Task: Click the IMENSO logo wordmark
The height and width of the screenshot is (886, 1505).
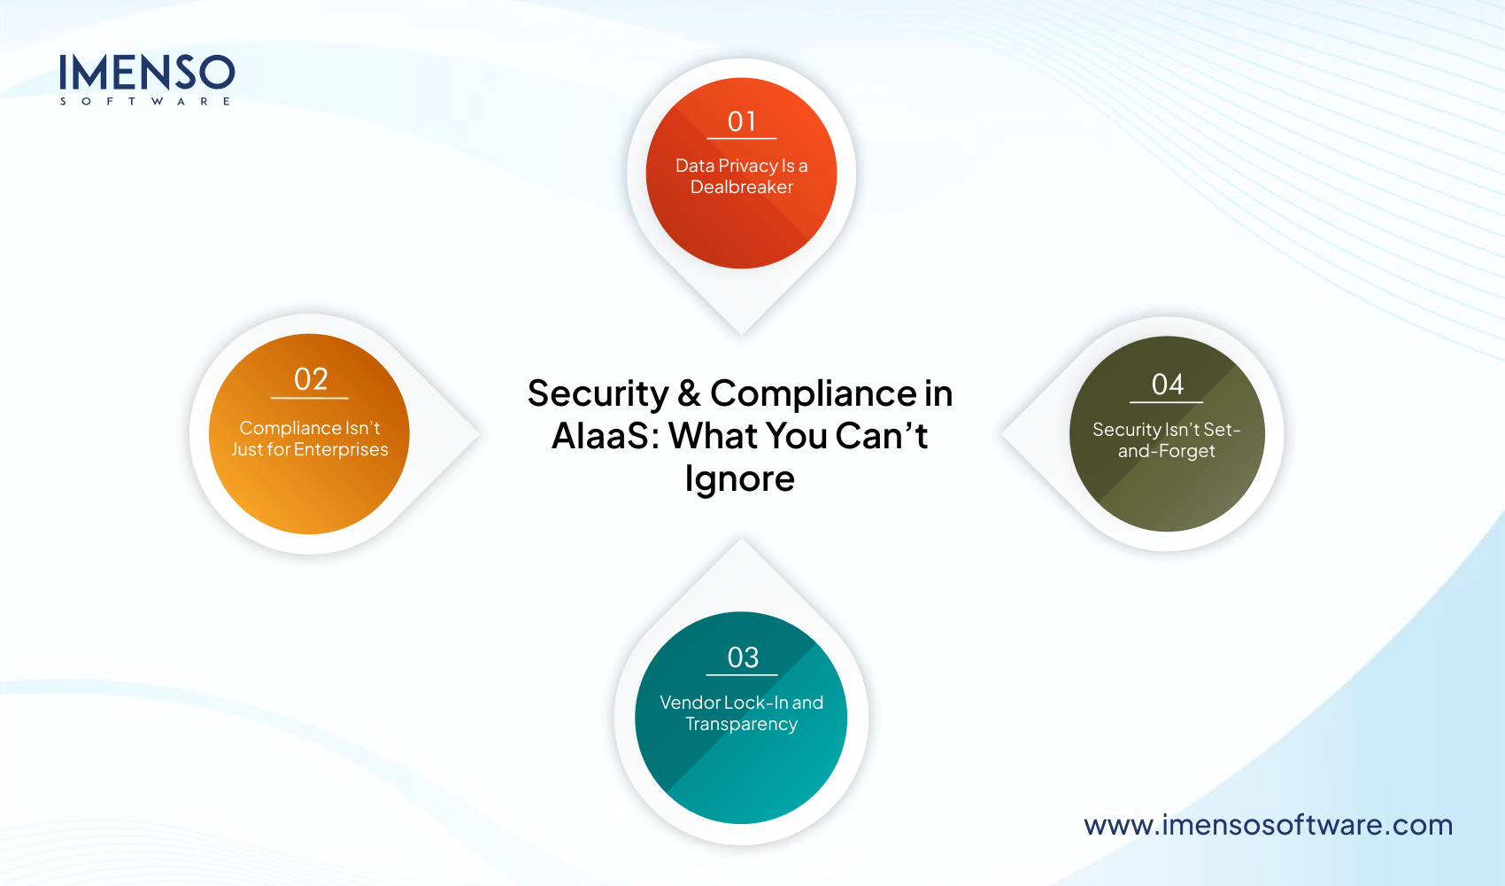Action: point(147,72)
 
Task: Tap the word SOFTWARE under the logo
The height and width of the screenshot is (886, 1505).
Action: point(145,102)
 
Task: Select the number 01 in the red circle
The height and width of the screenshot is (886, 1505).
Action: point(742,121)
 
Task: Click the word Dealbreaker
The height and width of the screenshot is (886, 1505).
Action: point(742,187)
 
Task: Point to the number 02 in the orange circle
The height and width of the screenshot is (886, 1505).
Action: point(311,379)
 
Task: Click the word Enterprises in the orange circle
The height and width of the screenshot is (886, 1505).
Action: point(341,449)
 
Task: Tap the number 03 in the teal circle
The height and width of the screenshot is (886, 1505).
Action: point(743,657)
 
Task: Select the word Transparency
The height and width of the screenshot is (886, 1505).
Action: point(742,724)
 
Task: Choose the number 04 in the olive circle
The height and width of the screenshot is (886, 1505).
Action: point(1167,385)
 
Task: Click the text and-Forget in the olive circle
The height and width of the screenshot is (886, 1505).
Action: point(1166,451)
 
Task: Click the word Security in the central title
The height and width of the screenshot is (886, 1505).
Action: point(598,393)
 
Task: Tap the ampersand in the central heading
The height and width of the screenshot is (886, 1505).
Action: point(689,393)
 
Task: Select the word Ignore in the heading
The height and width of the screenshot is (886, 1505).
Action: point(740,478)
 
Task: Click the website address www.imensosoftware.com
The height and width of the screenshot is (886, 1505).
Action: point(1268,825)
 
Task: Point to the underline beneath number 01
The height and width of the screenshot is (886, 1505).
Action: point(742,139)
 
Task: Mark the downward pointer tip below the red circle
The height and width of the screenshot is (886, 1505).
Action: point(742,331)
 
